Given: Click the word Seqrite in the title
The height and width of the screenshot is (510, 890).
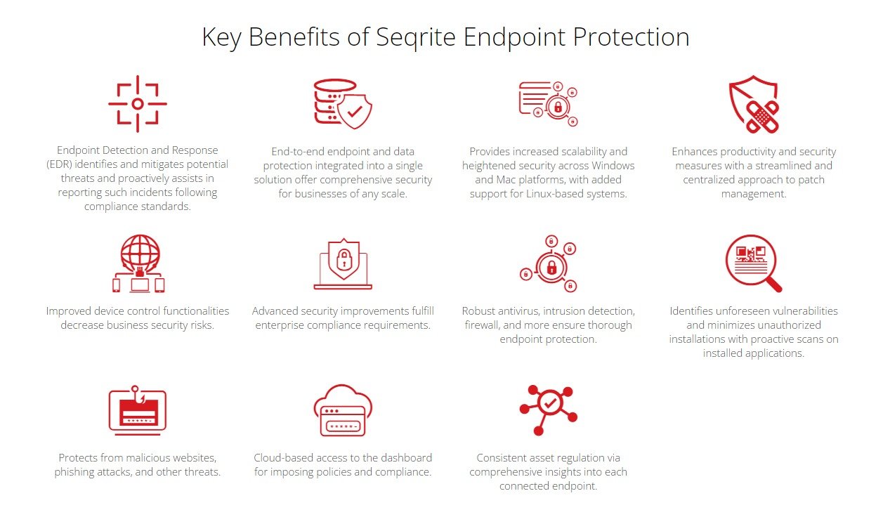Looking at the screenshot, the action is [x=416, y=38].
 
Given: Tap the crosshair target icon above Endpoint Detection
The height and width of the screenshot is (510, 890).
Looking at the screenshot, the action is [x=138, y=104].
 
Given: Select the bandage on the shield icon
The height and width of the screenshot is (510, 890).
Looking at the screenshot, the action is [x=762, y=117].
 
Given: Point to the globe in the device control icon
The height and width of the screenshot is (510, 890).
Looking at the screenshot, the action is [x=140, y=252].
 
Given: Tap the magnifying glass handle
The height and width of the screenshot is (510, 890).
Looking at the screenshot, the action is [x=773, y=285].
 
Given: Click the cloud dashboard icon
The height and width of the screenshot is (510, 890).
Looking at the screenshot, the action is [x=343, y=410].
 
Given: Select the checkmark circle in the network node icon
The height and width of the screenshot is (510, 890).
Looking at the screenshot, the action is [x=550, y=403].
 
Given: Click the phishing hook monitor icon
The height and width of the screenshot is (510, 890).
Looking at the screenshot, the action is [x=138, y=410].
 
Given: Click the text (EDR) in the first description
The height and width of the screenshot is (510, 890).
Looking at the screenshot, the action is [x=59, y=164].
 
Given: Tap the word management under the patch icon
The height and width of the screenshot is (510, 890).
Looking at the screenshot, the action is [x=753, y=194].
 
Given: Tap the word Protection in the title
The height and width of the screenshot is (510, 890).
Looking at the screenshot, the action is [x=631, y=37].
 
